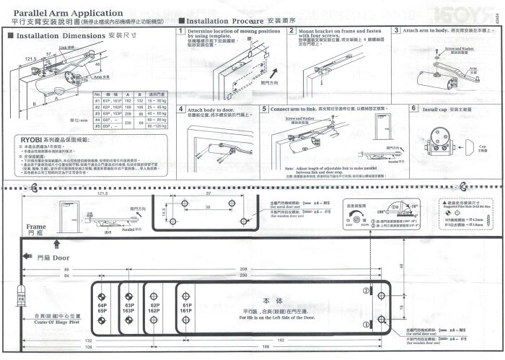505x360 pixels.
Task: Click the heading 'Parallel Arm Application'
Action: tap(64, 13)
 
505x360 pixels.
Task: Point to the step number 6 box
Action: tap(413, 109)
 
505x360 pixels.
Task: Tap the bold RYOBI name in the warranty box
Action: tap(24, 141)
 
